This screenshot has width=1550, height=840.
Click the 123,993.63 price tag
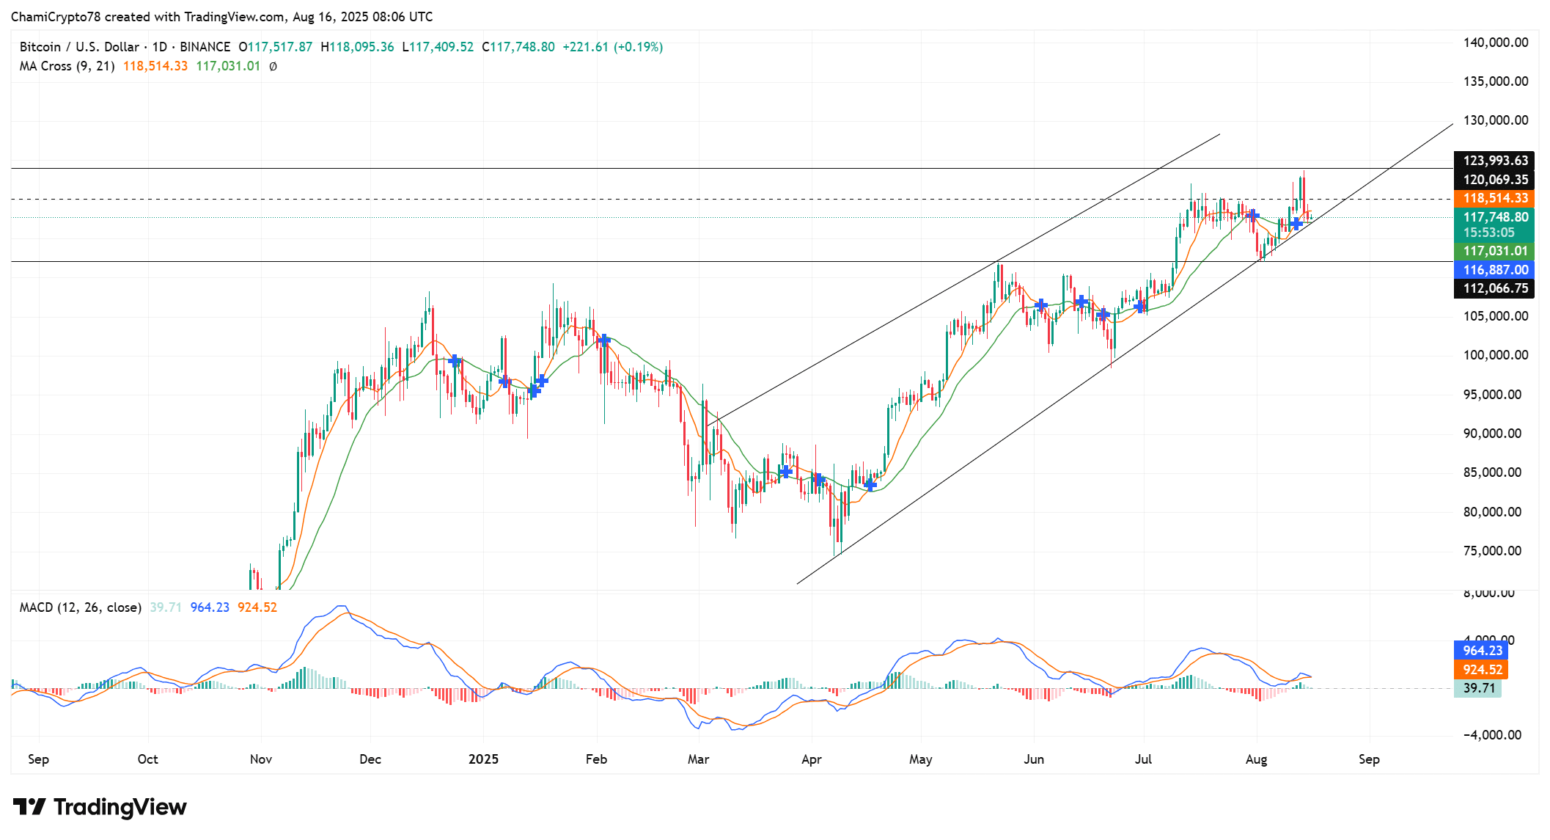[1495, 161]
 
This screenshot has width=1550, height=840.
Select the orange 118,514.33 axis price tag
[1495, 199]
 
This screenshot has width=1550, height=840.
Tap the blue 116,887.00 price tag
[1495, 270]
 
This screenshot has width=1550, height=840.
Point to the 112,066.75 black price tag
[1495, 288]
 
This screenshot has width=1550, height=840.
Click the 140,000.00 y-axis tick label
[1495, 43]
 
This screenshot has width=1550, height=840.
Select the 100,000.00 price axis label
[1495, 355]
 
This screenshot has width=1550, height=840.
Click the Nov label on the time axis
[261, 759]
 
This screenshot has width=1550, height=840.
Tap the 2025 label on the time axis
[483, 759]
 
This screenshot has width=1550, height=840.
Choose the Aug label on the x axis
[1256, 759]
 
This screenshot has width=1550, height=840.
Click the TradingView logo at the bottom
[100, 807]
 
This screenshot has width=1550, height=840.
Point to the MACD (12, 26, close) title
[81, 607]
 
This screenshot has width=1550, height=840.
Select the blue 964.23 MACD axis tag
[1482, 651]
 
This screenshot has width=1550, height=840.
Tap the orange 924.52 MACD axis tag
[1482, 670]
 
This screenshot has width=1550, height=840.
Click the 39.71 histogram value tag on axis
[1478, 688]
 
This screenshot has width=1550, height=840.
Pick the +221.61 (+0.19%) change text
[612, 47]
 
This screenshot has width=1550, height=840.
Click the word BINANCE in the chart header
[205, 47]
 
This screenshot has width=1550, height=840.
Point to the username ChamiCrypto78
[56, 17]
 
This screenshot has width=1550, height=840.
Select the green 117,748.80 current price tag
[1495, 218]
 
